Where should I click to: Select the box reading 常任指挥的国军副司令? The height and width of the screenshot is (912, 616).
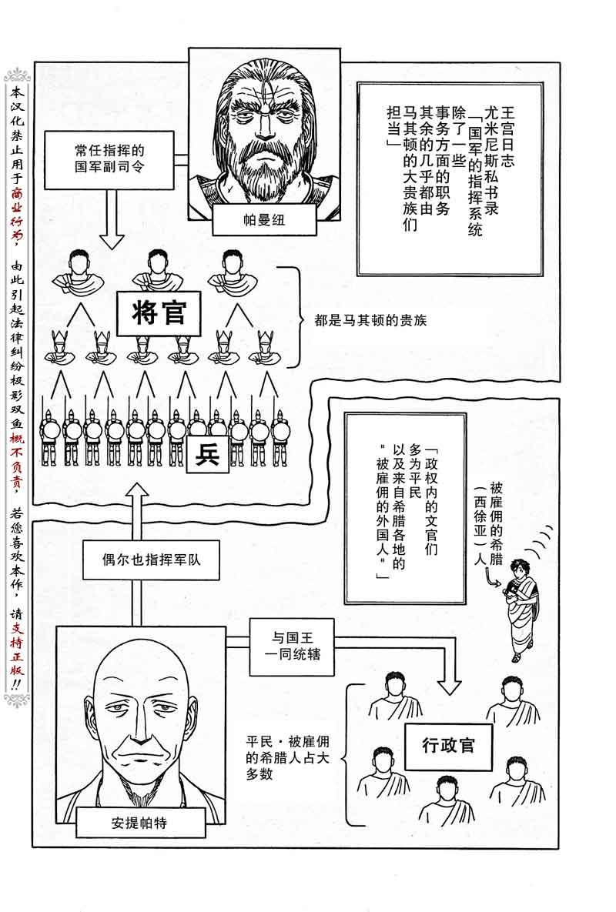click(x=105, y=159)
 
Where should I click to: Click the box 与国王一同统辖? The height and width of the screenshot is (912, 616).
click(x=291, y=646)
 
